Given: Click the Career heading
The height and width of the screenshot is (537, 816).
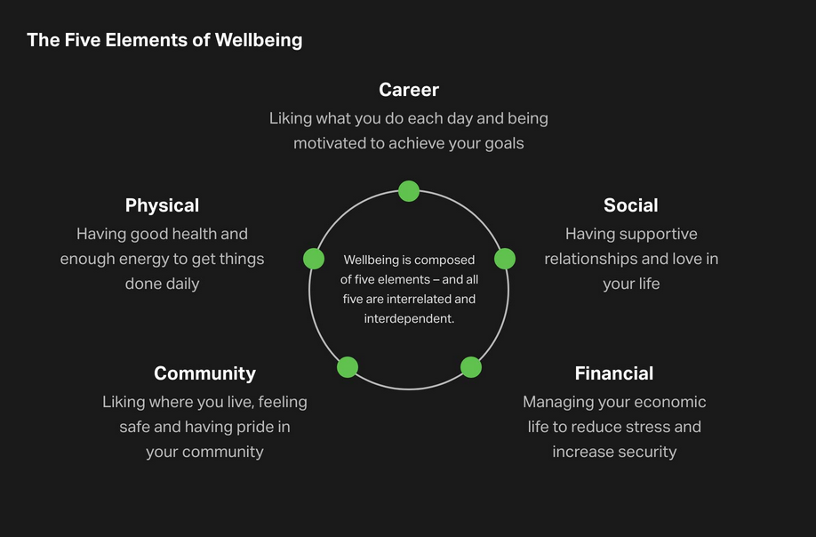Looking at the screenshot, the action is coord(409,90).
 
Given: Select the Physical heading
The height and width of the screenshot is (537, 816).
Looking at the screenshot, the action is coord(162,205).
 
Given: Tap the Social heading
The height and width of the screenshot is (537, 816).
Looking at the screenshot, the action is coord(631,205).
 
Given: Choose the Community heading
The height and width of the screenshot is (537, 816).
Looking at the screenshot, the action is coord(204,373).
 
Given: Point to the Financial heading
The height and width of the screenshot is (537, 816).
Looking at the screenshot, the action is coord(614,373).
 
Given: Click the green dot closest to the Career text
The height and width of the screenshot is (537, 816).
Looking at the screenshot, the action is coord(409,191).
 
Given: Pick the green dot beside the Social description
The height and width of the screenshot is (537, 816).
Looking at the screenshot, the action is coord(504,259).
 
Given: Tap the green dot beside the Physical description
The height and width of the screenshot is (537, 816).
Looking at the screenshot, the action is coord(314,259).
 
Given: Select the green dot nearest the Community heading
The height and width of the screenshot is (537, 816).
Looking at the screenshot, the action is coord(348,367).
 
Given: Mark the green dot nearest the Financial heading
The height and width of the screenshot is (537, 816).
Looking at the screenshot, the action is coord(471,367).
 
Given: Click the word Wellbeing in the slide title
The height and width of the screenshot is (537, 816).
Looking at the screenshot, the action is coord(258,41).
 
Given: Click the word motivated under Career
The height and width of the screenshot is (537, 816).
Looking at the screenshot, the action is coord(330,143).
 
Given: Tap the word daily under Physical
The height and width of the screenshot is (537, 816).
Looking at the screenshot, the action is coord(182,285).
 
